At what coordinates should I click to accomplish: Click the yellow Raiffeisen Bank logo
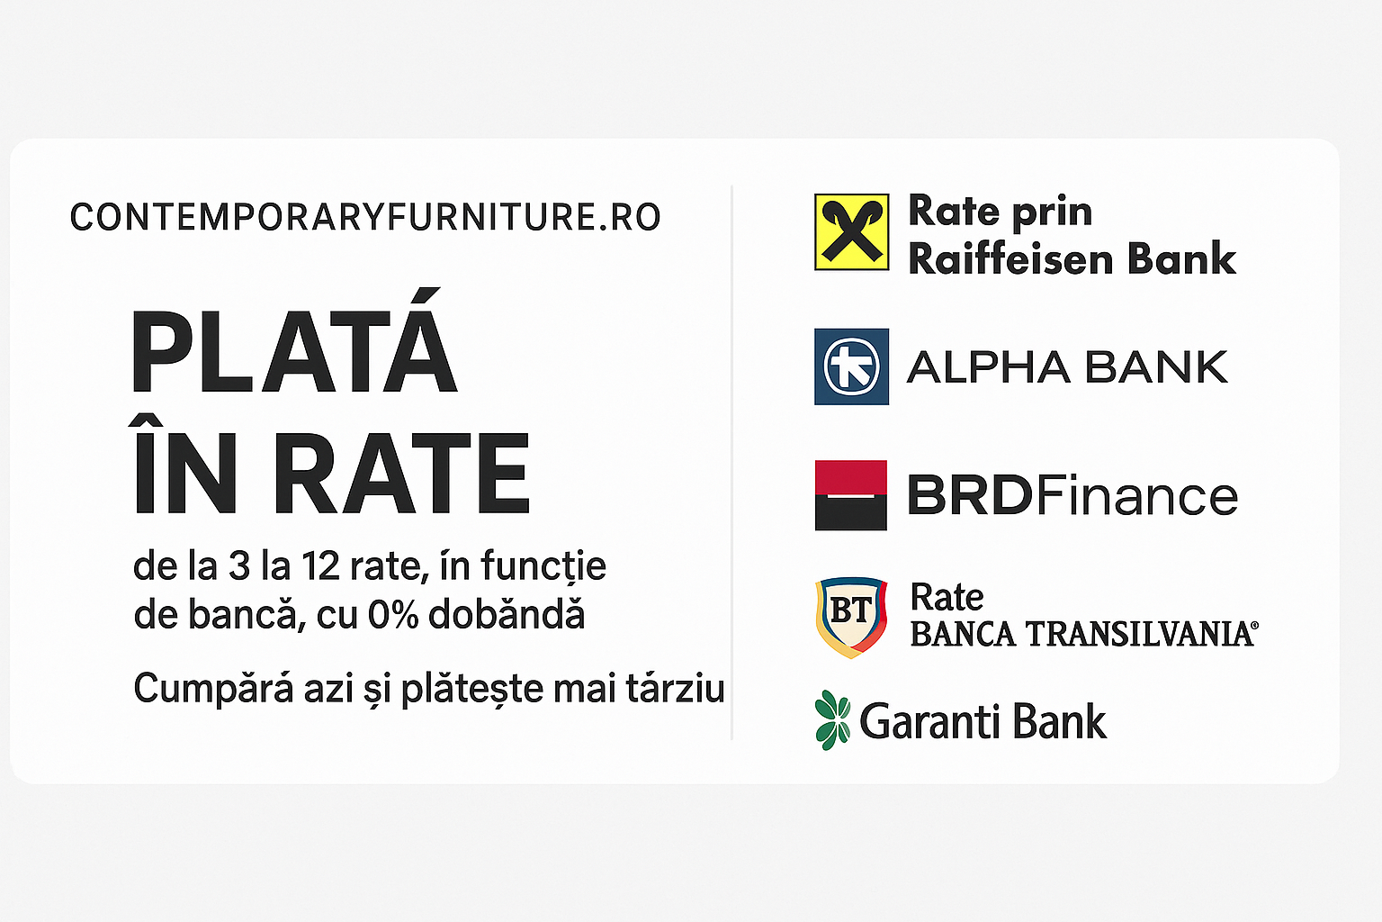(x=851, y=232)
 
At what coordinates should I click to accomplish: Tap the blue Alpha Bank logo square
(x=851, y=366)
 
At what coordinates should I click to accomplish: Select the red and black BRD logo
(x=851, y=495)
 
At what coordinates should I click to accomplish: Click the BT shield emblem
(x=851, y=618)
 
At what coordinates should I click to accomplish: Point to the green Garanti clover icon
(x=832, y=720)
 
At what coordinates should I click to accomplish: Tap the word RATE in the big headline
(x=401, y=473)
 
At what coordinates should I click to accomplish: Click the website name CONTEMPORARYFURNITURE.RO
(x=365, y=217)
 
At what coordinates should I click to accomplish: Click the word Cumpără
(x=213, y=689)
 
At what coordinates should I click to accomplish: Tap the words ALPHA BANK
(x=1067, y=366)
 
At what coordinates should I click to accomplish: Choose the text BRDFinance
(x=1072, y=495)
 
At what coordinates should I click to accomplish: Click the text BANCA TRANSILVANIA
(x=1084, y=634)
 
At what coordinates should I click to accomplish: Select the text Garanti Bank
(x=983, y=721)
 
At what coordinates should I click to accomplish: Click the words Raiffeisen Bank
(x=1072, y=258)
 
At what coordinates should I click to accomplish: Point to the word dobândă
(x=507, y=614)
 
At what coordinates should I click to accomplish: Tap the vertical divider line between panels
(x=731, y=462)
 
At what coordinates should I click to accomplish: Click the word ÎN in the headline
(x=184, y=465)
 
